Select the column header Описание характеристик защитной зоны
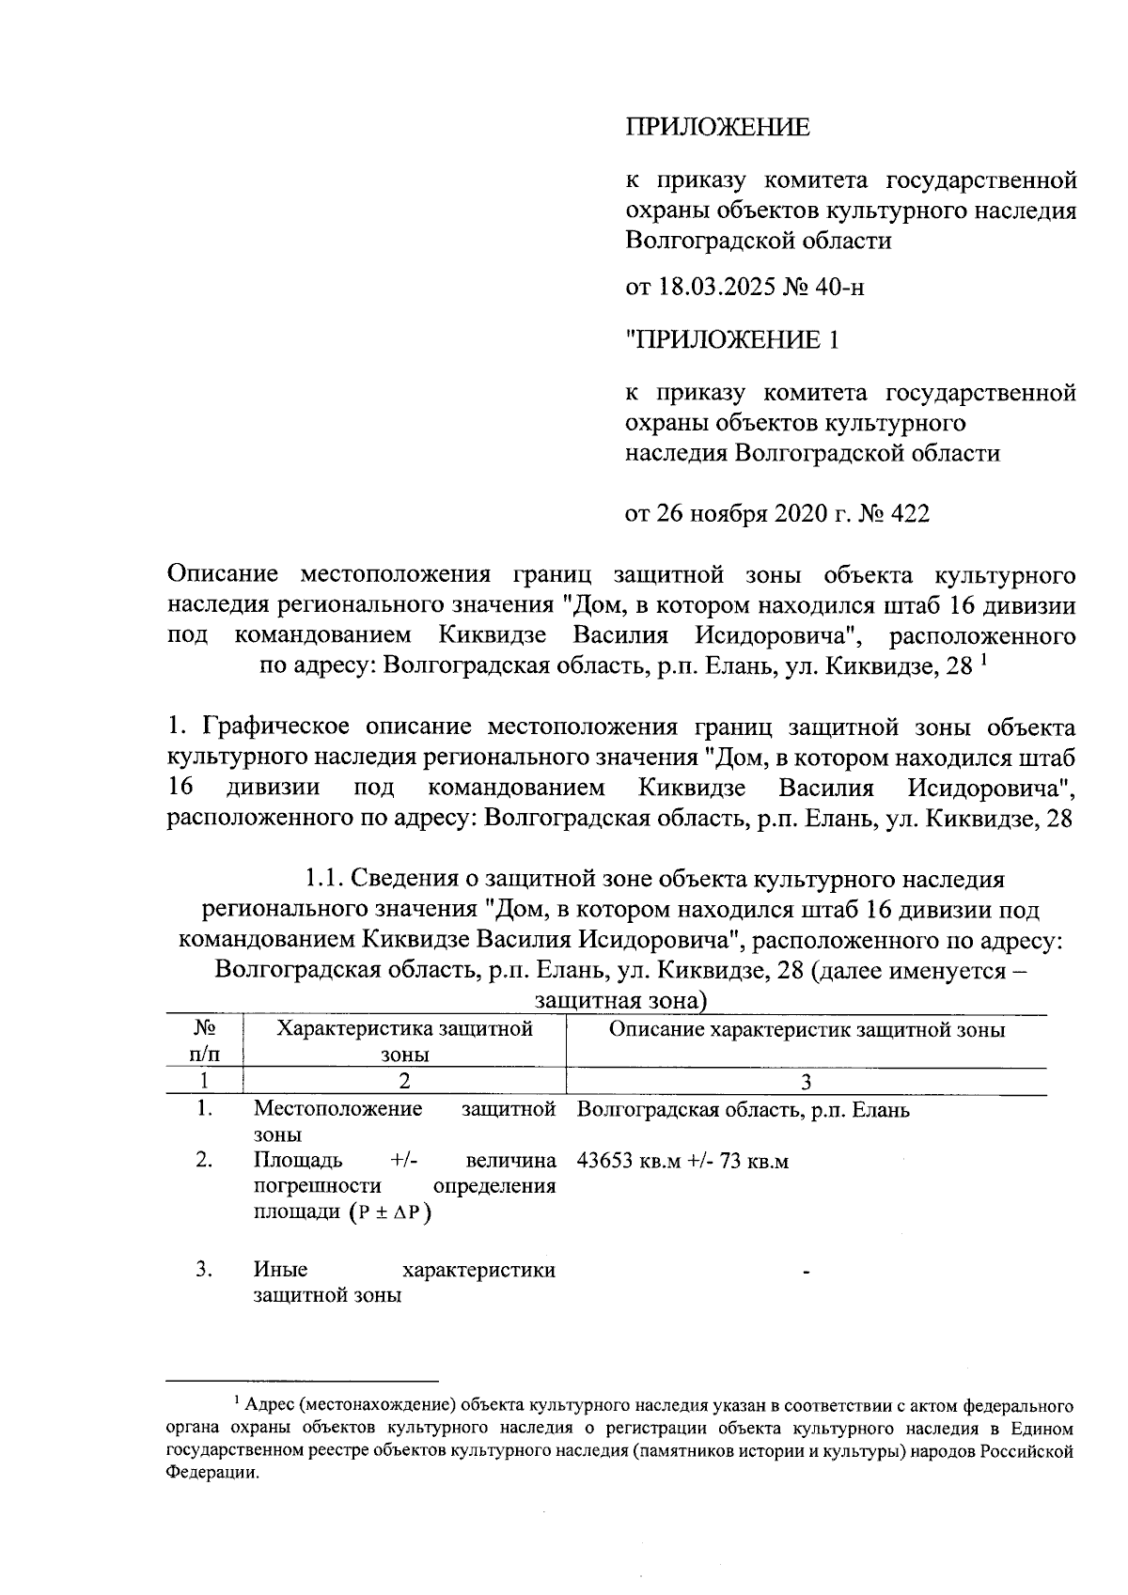click(x=807, y=1029)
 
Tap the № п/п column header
click(x=205, y=1041)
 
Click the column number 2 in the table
click(x=404, y=1082)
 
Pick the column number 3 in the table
click(x=806, y=1082)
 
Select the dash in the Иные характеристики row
click(x=807, y=1273)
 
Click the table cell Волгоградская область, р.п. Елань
click(x=743, y=1110)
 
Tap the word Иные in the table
click(x=280, y=1270)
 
